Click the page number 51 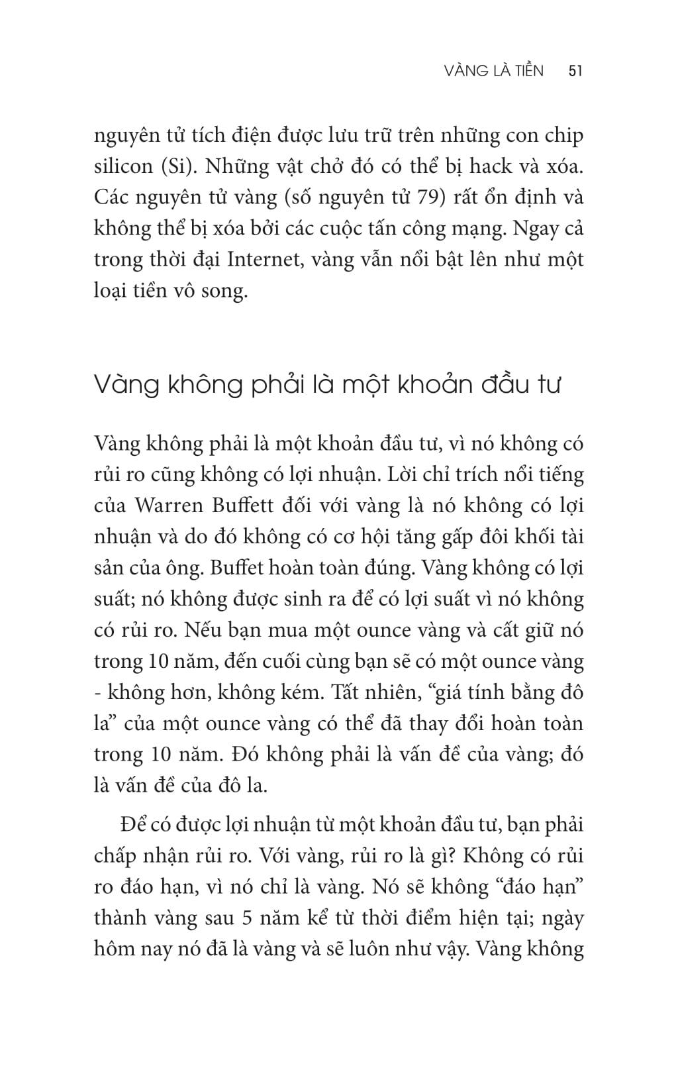575,71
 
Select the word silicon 124,166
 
